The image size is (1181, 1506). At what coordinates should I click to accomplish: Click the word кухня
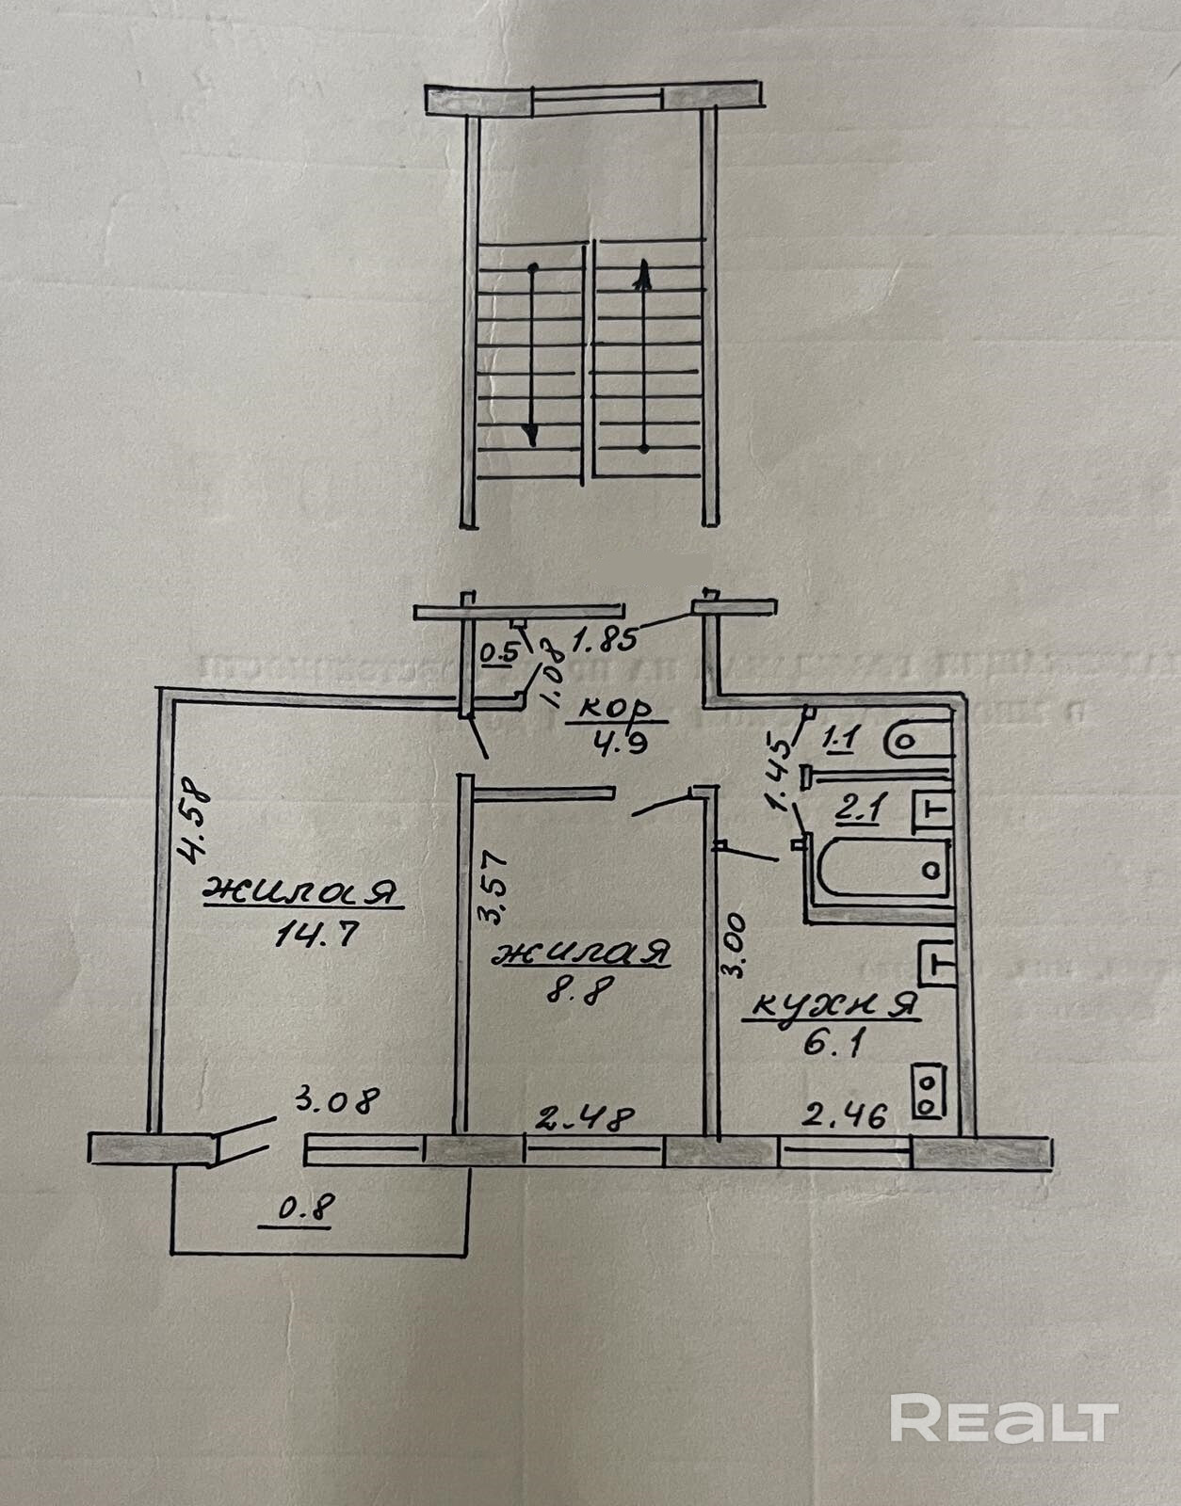click(832, 1005)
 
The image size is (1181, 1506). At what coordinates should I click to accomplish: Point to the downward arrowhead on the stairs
click(531, 436)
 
